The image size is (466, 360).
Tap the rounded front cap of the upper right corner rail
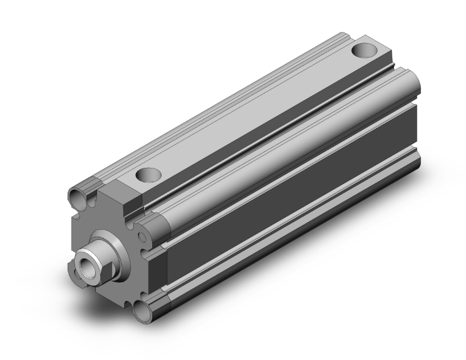pyautogui.click(x=154, y=222)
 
